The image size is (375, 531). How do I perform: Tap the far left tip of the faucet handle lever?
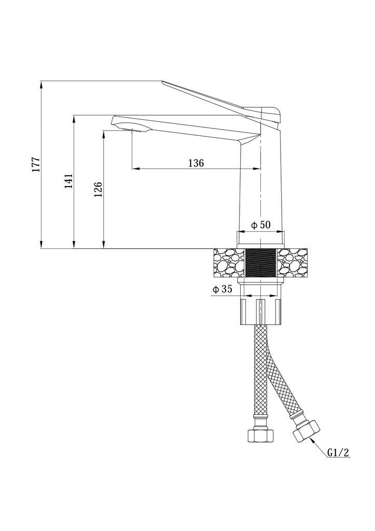pos(162,81)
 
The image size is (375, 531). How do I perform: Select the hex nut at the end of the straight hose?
pos(260,435)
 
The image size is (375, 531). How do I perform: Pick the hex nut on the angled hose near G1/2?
pos(306,430)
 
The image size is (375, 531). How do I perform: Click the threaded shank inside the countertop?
pos(260,262)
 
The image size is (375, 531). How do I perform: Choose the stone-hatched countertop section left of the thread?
pos(229,262)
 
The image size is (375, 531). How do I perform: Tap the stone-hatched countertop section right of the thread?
pos(293,262)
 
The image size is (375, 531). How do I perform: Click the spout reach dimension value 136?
pos(196,163)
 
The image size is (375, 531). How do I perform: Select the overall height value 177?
pos(37,164)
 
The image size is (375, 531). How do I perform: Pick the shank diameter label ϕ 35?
pos(222,289)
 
